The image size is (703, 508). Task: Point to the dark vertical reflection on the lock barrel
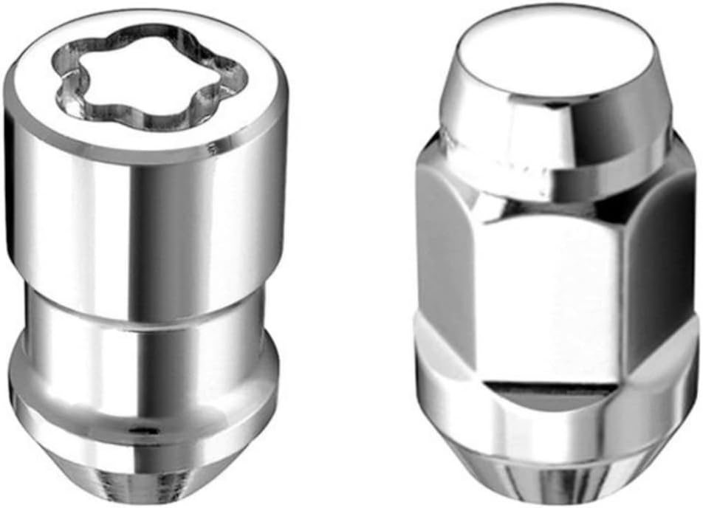pyautogui.click(x=166, y=222)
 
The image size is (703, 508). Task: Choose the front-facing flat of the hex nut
pyautogui.click(x=546, y=295)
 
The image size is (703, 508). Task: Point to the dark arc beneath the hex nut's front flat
pyautogui.click(x=546, y=395)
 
